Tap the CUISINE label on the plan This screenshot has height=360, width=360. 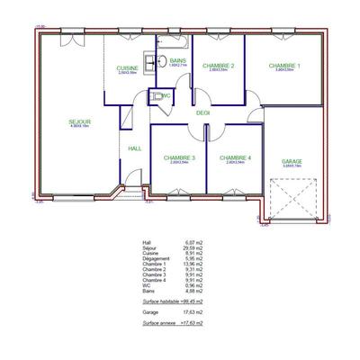[x=127, y=67]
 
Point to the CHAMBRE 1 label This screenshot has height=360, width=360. [x=284, y=66]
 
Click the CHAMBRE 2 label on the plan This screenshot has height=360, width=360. [x=219, y=66]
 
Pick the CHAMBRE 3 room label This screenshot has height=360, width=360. [x=180, y=157]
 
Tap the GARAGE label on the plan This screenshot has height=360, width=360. [x=292, y=162]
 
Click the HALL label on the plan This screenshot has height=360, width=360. [x=135, y=148]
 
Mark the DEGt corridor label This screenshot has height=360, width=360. [x=202, y=113]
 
